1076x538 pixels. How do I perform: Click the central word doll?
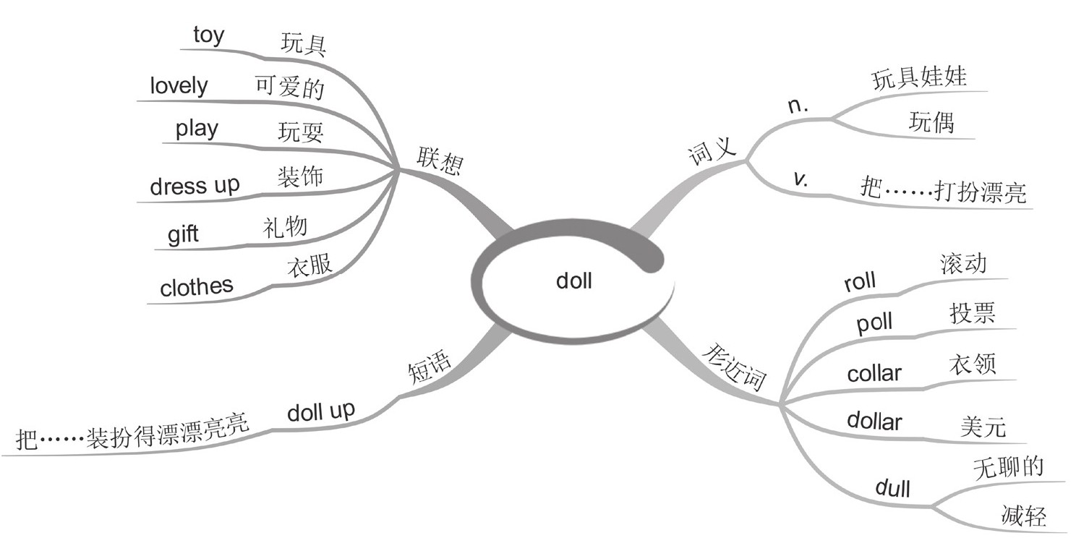tap(574, 280)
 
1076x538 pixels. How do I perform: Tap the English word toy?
tap(208, 35)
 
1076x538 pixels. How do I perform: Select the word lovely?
tap(179, 85)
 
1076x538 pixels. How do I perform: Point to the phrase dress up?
tap(195, 186)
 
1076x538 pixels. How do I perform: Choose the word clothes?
tap(197, 287)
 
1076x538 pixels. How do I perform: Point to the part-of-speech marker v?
tap(800, 179)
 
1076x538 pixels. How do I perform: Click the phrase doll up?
tap(321, 412)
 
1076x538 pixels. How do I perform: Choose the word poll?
tap(874, 323)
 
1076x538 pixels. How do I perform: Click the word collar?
tap(874, 374)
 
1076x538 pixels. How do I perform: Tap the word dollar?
tap(874, 421)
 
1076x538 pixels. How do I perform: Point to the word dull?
tap(892, 488)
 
